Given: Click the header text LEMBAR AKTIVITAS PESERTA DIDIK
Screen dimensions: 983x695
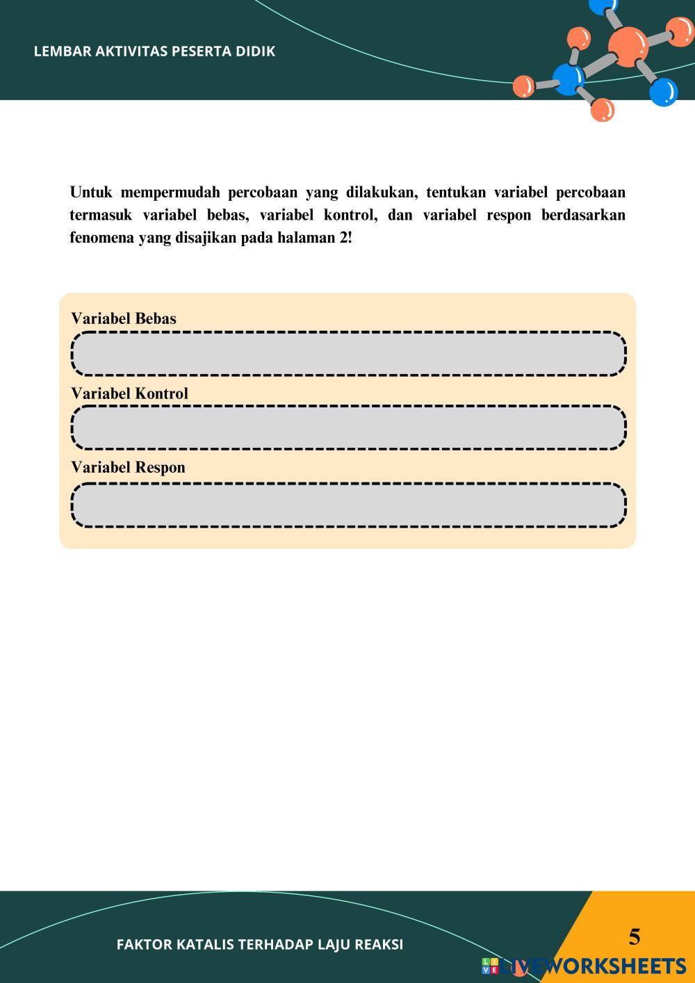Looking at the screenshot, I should (154, 51).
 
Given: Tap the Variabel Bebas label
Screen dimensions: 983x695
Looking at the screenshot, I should (124, 318).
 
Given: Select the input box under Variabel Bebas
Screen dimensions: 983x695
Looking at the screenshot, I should (348, 354).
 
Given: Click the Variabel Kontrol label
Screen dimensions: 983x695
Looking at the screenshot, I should (129, 393).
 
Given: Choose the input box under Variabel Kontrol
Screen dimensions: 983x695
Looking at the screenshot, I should (348, 428).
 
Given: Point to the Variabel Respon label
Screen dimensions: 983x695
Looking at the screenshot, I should (128, 467).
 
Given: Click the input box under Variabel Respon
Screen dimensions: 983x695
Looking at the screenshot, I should (348, 505).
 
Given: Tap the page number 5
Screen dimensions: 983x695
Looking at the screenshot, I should (635, 937).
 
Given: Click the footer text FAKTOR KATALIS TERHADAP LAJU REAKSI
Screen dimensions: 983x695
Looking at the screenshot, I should (260, 945).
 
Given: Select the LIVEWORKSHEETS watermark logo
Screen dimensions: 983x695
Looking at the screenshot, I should (584, 966).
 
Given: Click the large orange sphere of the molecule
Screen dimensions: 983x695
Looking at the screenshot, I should (628, 46).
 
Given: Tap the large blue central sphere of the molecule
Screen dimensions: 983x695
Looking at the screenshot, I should (569, 79).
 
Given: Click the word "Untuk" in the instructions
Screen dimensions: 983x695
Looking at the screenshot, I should (91, 193).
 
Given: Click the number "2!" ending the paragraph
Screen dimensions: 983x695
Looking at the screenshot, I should (345, 238).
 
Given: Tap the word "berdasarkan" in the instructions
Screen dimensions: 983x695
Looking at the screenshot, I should (583, 216).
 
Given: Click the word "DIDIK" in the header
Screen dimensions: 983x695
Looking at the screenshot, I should (255, 51).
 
